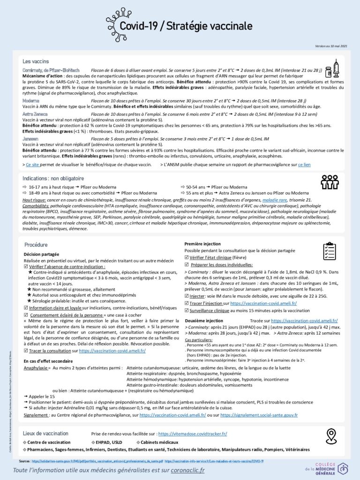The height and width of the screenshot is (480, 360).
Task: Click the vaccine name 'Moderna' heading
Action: (x=30, y=100)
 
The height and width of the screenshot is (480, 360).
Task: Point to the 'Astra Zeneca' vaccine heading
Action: (x=34, y=114)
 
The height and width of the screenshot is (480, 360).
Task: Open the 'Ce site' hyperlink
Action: (x=32, y=165)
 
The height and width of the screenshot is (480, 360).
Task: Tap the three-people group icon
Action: (x=330, y=182)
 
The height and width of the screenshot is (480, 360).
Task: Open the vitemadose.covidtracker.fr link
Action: (x=193, y=434)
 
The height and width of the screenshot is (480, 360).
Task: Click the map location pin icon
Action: (x=332, y=436)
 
